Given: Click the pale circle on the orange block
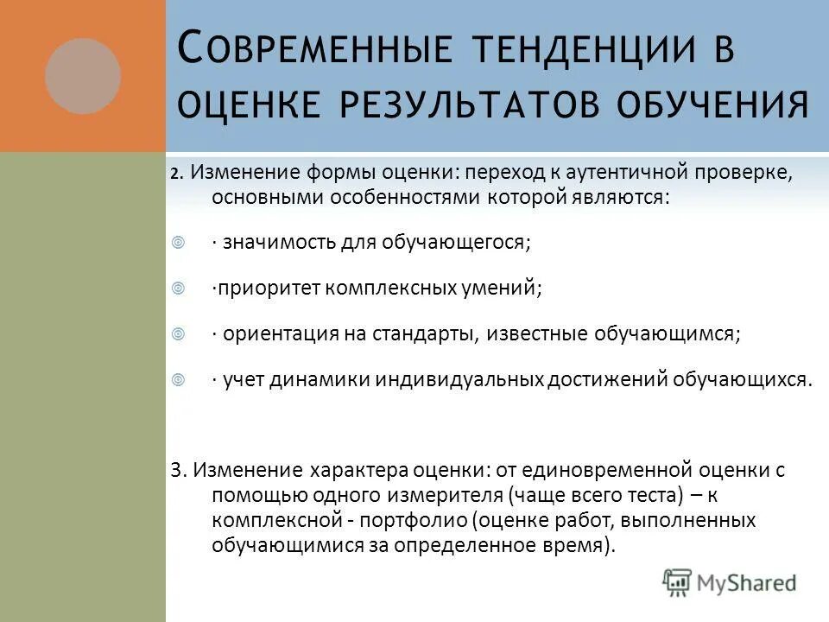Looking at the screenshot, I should tap(83, 76).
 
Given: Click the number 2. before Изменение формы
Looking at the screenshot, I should tap(176, 173).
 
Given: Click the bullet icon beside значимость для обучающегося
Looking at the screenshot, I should tap(179, 243).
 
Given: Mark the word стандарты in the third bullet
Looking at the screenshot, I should tap(418, 334).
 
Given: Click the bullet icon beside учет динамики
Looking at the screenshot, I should tap(179, 379).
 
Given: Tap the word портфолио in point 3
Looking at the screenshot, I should tap(414, 521).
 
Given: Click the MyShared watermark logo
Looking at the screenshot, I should tap(730, 582).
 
